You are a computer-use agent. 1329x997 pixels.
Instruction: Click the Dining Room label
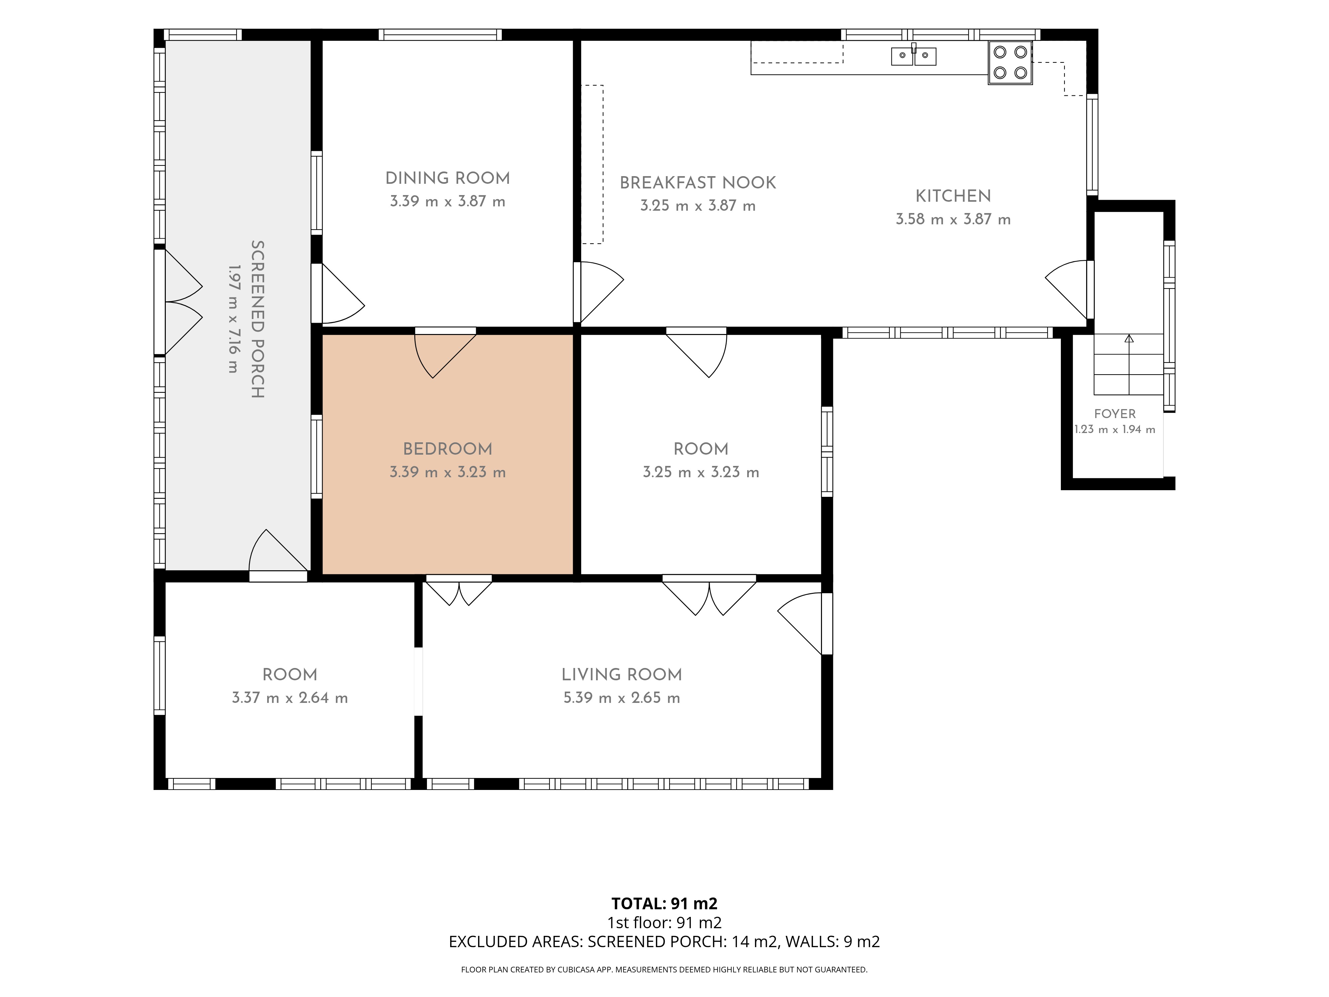[x=448, y=178]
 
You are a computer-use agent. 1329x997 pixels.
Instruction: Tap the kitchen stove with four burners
[x=1010, y=62]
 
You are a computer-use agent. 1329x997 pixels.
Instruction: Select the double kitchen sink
[x=913, y=56]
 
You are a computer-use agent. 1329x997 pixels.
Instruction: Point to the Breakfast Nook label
[x=697, y=183]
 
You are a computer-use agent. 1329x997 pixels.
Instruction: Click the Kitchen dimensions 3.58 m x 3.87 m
[x=953, y=219]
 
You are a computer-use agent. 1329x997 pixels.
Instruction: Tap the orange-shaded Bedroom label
[x=448, y=449]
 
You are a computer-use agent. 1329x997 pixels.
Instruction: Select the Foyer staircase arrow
[x=1129, y=364]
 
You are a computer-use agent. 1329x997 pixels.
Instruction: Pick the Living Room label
[x=622, y=674]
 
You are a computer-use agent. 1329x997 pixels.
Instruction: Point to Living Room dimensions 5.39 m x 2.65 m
[x=622, y=698]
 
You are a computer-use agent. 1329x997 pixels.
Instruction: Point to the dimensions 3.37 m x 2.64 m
[x=290, y=698]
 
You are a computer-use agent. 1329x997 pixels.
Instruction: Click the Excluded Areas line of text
[x=664, y=942]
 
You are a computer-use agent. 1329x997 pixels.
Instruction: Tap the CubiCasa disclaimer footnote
[x=664, y=969]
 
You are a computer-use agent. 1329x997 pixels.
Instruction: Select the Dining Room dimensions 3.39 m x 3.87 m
[x=448, y=201]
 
